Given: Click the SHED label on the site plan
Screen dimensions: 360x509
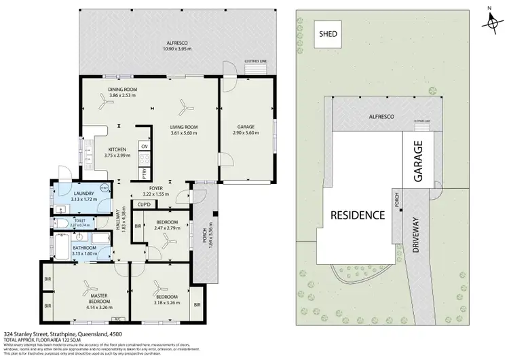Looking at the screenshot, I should pos(328,34).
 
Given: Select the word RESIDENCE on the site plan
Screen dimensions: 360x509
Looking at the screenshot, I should pos(357,215).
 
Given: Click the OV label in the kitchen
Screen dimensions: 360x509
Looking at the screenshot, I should pos(145,146).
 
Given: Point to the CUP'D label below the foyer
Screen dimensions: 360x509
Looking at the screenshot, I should pos(143,204).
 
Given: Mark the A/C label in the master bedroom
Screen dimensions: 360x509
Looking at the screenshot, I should pos(117,319).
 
